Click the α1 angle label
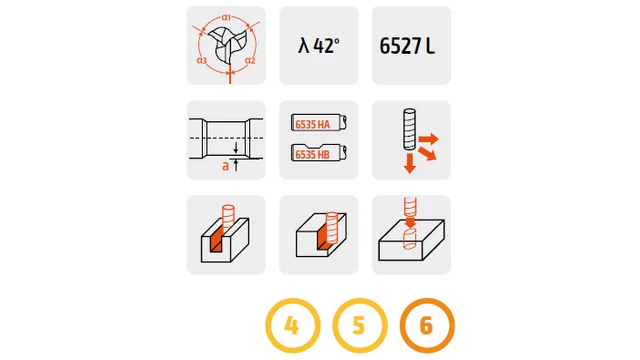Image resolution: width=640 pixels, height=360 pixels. point(227,18)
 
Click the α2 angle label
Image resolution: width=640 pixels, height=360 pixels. point(250,60)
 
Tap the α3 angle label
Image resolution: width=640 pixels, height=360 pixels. point(202,60)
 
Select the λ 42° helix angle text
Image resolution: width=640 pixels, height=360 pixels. point(319,45)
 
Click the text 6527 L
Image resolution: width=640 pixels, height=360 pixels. point(407,46)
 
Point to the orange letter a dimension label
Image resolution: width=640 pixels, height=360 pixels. point(225,166)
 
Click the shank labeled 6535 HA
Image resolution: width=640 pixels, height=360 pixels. point(319,123)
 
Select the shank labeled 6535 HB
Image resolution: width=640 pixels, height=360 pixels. point(319,153)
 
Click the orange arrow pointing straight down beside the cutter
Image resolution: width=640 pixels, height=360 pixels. point(409,163)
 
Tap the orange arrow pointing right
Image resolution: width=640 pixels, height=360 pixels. point(429,139)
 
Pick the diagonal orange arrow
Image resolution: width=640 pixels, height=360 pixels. point(428,153)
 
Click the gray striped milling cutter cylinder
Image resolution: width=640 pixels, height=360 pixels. point(409,129)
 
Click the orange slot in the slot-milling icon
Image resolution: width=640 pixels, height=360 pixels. point(217,239)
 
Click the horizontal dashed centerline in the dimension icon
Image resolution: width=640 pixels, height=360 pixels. point(226,138)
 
